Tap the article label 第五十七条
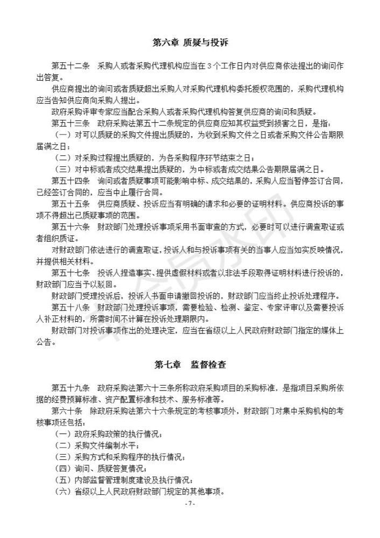tap(70, 273)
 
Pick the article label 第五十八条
tap(70, 307)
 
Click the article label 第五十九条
tap(70, 388)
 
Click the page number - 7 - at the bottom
tap(189, 504)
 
